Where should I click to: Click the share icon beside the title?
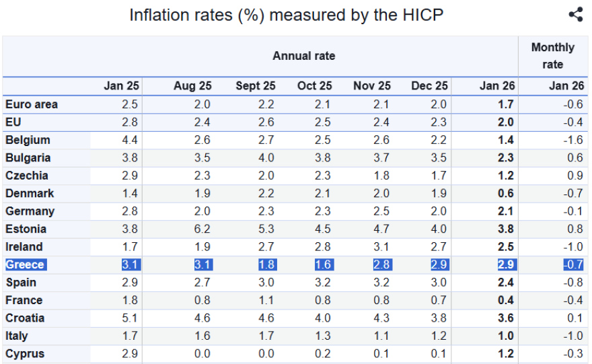[575, 15]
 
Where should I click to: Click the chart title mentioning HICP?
[287, 15]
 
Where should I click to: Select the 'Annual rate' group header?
[303, 56]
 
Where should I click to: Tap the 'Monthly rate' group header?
[552, 56]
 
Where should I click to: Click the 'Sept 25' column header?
[255, 86]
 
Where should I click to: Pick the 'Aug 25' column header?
[192, 86]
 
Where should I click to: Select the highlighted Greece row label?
[25, 264]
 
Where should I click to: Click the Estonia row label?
[26, 229]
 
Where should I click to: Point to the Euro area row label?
[32, 104]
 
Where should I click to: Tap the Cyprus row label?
[24, 353]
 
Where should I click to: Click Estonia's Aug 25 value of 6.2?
[202, 229]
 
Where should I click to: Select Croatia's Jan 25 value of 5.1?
[131, 318]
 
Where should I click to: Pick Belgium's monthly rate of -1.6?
[573, 140]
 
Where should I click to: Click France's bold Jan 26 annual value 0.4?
[505, 300]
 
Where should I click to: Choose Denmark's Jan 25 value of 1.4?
[131, 193]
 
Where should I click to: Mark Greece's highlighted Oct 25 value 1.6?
[324, 264]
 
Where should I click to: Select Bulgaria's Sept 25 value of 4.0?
[266, 157]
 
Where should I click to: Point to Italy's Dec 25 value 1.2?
[439, 336]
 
